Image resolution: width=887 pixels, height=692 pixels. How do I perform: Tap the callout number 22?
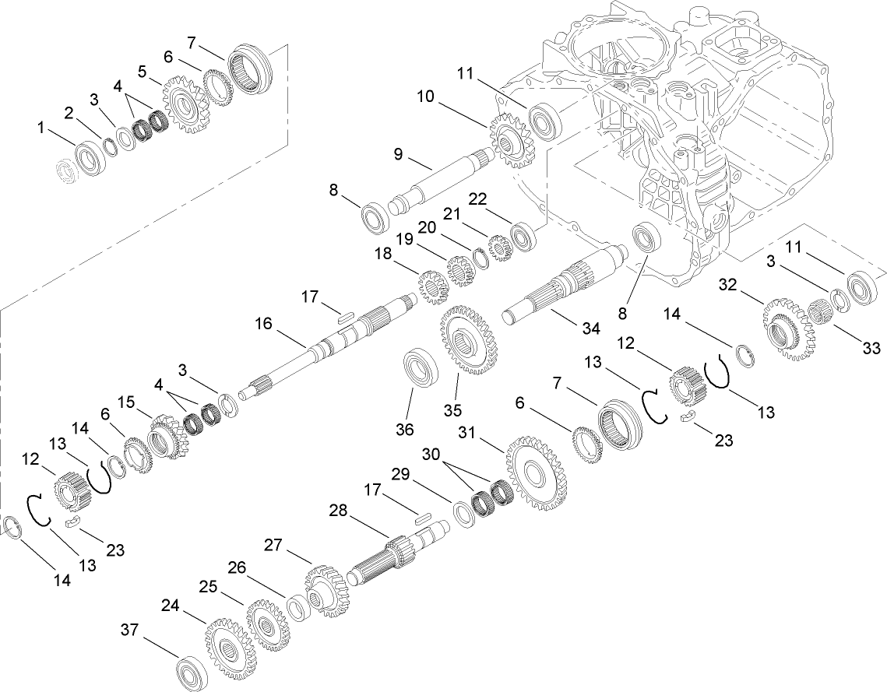point(498,199)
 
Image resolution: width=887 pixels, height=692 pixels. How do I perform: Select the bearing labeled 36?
point(420,368)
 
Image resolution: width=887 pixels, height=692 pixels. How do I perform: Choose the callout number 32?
point(727,286)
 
